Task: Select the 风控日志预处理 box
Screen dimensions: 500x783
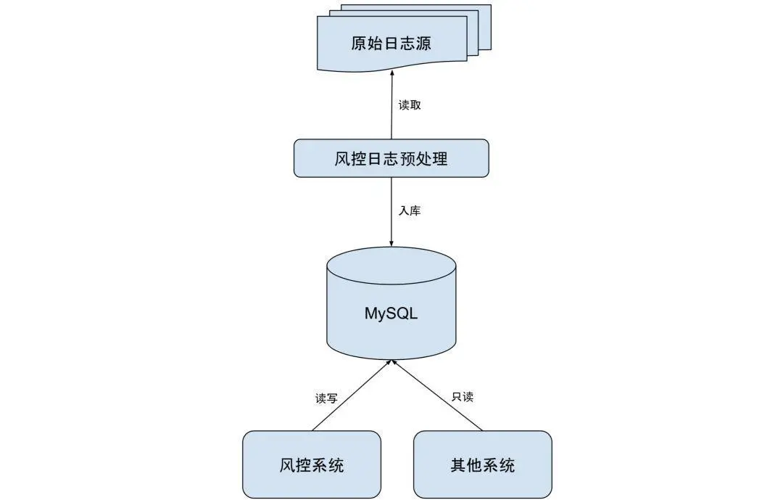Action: pyautogui.click(x=391, y=158)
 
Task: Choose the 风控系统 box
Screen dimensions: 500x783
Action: pyautogui.click(x=311, y=464)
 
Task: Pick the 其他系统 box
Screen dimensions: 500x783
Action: pyautogui.click(x=482, y=464)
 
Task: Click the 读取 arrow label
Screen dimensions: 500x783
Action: pyautogui.click(x=410, y=104)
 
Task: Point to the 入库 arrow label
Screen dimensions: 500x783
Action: pyautogui.click(x=410, y=211)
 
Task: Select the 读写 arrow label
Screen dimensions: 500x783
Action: pyautogui.click(x=326, y=398)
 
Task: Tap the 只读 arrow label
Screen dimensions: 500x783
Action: pyautogui.click(x=463, y=397)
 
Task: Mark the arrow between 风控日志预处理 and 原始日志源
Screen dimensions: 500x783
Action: pyautogui.click(x=391, y=109)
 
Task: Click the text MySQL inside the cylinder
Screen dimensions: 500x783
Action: pyautogui.click(x=391, y=314)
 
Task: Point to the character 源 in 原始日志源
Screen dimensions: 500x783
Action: pyautogui.click(x=423, y=44)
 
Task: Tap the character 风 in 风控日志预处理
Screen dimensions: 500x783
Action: pyautogui.click(x=343, y=159)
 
